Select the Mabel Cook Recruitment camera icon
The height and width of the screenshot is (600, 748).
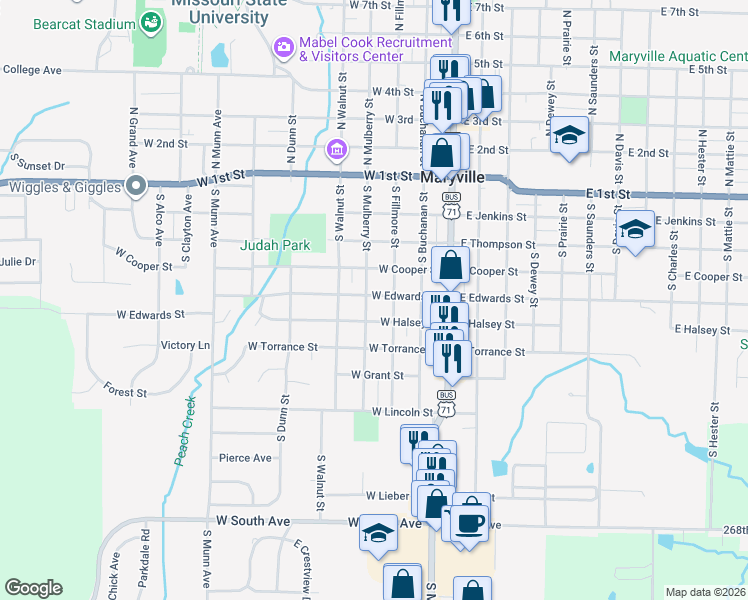(284, 46)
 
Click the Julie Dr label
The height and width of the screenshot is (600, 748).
(18, 262)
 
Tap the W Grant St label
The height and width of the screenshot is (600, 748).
(376, 376)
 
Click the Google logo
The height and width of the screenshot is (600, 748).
(33, 588)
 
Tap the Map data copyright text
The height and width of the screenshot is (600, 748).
(705, 592)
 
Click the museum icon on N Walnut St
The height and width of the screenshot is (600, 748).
(337, 151)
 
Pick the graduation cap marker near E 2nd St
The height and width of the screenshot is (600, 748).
(570, 135)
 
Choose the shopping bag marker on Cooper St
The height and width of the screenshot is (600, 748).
(451, 267)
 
